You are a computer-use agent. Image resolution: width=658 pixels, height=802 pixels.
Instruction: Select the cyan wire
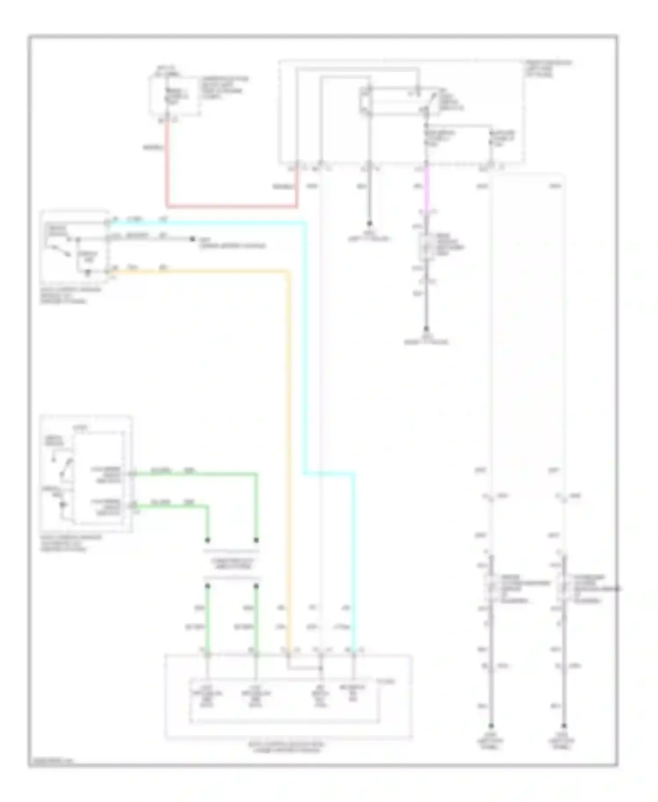tap(304, 351)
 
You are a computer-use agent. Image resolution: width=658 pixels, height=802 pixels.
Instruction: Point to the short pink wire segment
tap(426, 189)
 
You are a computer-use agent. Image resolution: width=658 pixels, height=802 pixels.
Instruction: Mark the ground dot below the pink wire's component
tap(426, 329)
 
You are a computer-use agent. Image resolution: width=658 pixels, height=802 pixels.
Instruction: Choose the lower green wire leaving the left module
tap(175, 506)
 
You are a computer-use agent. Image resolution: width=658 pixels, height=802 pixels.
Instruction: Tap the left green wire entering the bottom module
tap(207, 619)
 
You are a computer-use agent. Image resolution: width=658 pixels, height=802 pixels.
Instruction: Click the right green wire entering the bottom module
tap(256, 619)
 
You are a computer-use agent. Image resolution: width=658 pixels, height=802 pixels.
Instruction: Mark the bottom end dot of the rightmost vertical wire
tap(564, 726)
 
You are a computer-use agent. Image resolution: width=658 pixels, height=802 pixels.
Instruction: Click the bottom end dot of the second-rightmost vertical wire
tap(491, 726)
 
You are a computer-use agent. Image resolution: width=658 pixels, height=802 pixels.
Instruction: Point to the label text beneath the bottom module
tap(287, 747)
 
